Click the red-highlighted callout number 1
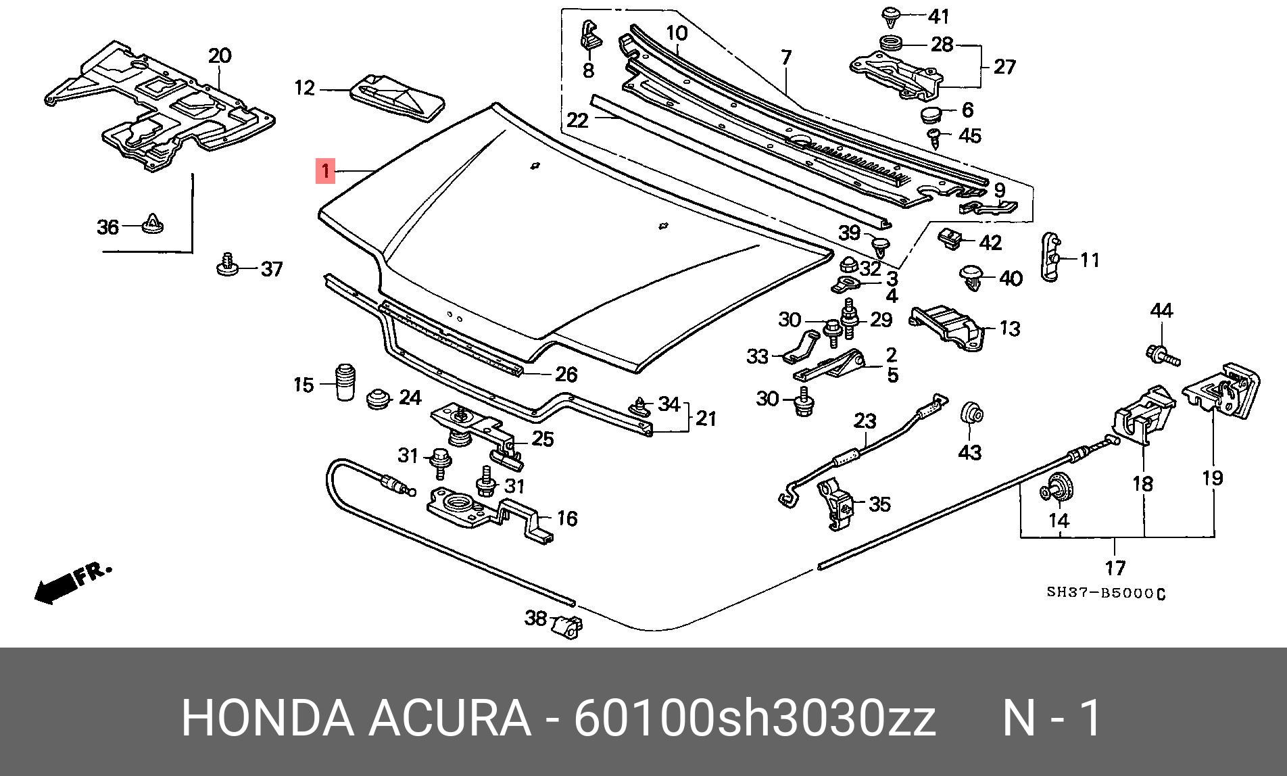coord(326,171)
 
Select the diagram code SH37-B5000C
coord(1106,593)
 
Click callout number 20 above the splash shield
coord(219,55)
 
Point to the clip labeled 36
coord(155,222)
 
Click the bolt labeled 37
coord(228,265)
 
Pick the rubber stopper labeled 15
coord(345,382)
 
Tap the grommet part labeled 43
coord(971,413)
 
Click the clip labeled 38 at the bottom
coord(567,625)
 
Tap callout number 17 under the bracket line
coord(1115,567)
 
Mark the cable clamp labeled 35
coord(838,504)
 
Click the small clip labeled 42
coord(951,238)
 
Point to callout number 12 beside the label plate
coord(305,88)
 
